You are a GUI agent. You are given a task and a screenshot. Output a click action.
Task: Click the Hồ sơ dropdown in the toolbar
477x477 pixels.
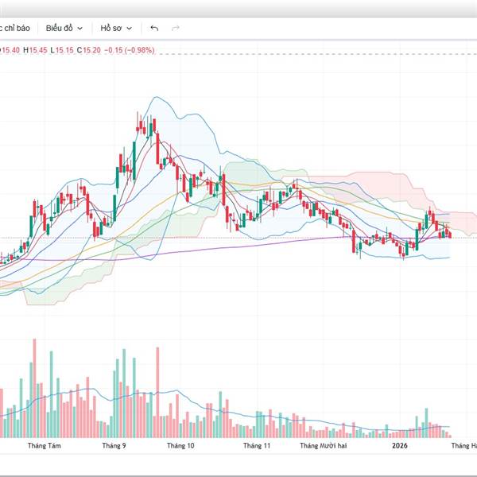(114, 28)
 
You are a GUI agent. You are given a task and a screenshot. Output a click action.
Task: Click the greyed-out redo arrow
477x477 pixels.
(176, 28)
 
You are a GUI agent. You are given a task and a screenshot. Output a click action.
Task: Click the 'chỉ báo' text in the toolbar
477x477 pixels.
(16, 28)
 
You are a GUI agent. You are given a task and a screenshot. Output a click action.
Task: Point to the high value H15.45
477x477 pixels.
(36, 50)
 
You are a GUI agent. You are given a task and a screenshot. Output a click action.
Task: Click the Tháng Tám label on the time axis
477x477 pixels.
(44, 447)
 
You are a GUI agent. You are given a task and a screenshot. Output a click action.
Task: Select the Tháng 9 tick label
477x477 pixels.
(114, 447)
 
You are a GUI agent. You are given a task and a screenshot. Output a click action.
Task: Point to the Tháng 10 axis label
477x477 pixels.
(181, 447)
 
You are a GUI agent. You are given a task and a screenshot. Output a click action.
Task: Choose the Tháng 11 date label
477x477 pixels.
(257, 447)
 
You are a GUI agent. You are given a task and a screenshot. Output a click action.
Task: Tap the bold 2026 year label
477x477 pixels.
(400, 447)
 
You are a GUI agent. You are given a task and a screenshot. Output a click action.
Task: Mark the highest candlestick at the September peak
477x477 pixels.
(148, 126)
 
